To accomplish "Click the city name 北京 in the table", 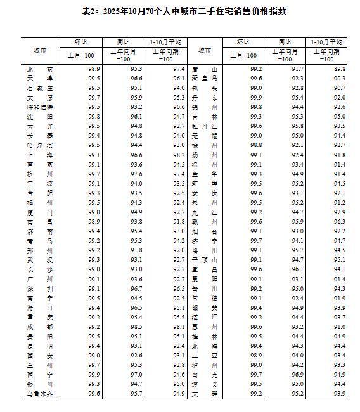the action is point(40,68).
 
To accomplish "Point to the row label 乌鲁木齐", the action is point(40,394).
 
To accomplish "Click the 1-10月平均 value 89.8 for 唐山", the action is point(339,68).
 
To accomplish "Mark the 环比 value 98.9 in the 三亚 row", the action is point(256,356).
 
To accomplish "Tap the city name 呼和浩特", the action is point(40,106).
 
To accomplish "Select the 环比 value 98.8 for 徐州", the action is point(256,145).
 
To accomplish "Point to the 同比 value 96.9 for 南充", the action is point(297,375).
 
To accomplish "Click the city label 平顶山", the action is point(205,260).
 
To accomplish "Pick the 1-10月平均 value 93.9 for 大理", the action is point(339,394).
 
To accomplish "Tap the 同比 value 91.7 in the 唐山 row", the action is point(297,68).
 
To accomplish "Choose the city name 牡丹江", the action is point(205,126).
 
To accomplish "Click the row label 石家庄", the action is point(40,87).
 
